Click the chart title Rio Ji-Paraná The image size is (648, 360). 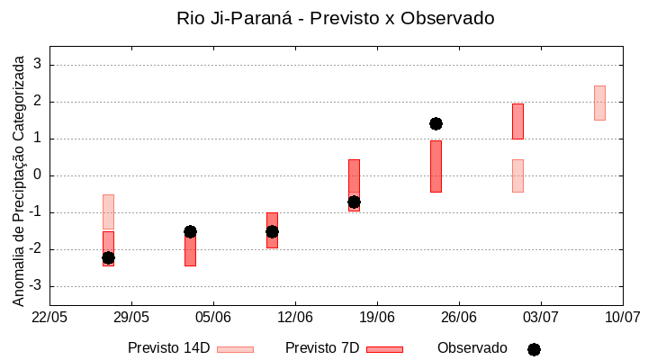(x=335, y=18)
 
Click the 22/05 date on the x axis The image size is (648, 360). (x=49, y=317)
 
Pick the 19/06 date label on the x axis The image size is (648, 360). (x=377, y=317)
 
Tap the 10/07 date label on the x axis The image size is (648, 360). (x=622, y=317)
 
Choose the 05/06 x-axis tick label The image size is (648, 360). (x=213, y=317)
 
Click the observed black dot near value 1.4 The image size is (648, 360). (x=436, y=123)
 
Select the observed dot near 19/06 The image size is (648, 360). (x=354, y=202)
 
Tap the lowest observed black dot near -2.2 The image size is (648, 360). (x=108, y=258)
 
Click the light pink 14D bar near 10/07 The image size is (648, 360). (x=599, y=103)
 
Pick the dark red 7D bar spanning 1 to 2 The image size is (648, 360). (x=517, y=121)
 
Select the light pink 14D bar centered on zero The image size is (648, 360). (x=517, y=175)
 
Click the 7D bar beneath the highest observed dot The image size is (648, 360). (x=436, y=166)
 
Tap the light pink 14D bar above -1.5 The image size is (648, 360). (x=108, y=211)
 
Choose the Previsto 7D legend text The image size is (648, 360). (x=322, y=348)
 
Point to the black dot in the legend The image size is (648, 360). (x=534, y=349)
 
